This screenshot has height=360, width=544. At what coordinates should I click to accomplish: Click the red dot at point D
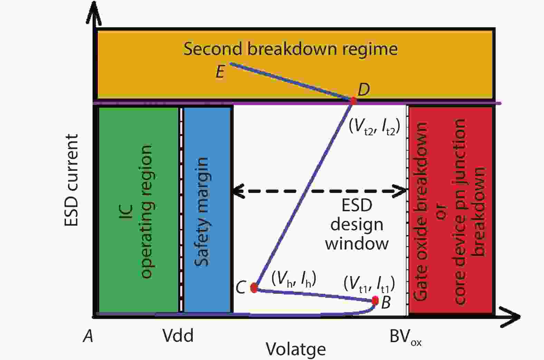click(x=353, y=101)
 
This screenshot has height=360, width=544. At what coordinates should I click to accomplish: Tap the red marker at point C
click(x=254, y=288)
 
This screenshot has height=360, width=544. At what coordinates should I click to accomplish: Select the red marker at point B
click(x=375, y=301)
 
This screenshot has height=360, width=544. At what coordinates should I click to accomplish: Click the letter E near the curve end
click(x=220, y=72)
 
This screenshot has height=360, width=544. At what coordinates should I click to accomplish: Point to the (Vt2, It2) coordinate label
click(x=374, y=127)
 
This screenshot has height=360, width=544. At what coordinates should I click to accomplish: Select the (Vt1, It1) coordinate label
click(x=369, y=284)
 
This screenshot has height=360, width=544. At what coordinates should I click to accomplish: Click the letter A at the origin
click(x=88, y=335)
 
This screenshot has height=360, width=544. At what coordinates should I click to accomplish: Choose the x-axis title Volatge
click(x=296, y=349)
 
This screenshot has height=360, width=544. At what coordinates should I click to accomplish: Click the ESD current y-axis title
click(x=71, y=180)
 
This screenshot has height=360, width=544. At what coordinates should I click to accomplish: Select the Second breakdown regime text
click(x=290, y=48)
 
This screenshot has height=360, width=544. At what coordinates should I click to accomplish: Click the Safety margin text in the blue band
click(x=202, y=212)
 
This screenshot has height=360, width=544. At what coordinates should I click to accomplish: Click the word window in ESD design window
click(x=356, y=243)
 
